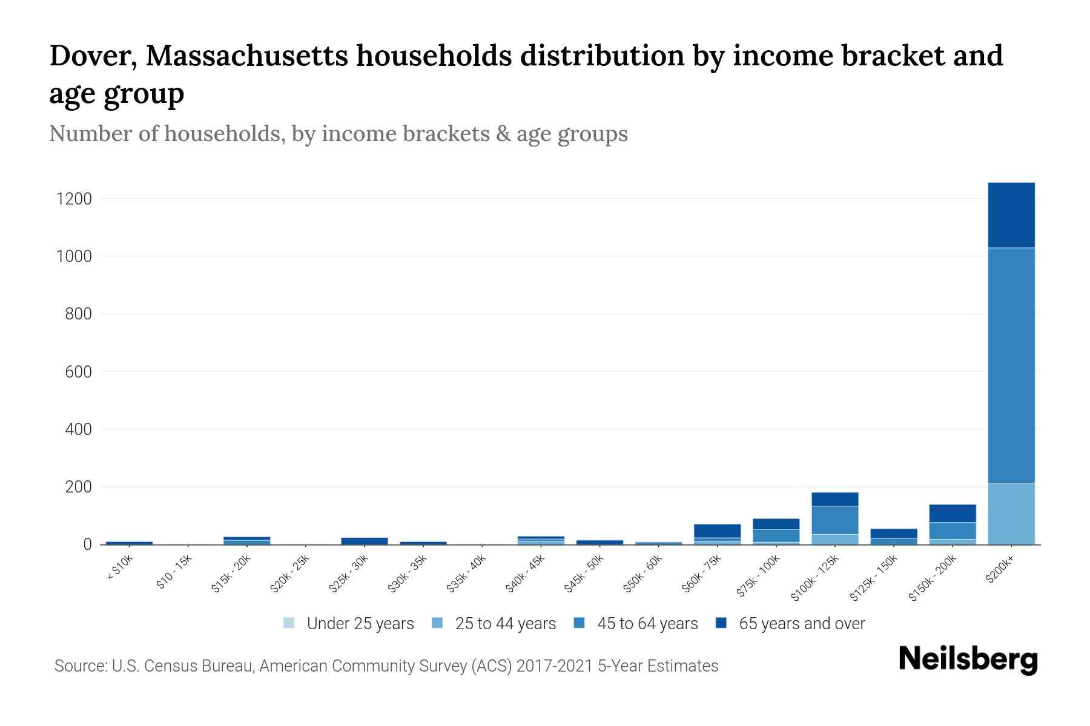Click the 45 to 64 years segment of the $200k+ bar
tap(1011, 365)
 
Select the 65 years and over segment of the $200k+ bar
tap(1011, 215)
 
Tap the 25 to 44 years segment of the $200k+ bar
tap(1011, 513)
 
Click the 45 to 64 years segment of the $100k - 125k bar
tap(834, 520)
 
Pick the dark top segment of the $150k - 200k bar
tap(952, 513)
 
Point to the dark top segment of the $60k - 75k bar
tap(717, 531)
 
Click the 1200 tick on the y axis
tap(73, 198)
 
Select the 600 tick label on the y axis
tap(78, 371)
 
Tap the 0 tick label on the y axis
tap(87, 544)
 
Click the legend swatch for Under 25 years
tap(289, 623)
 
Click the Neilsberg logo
tap(968, 659)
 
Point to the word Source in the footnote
tap(79, 666)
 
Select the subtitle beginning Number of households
tap(338, 134)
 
